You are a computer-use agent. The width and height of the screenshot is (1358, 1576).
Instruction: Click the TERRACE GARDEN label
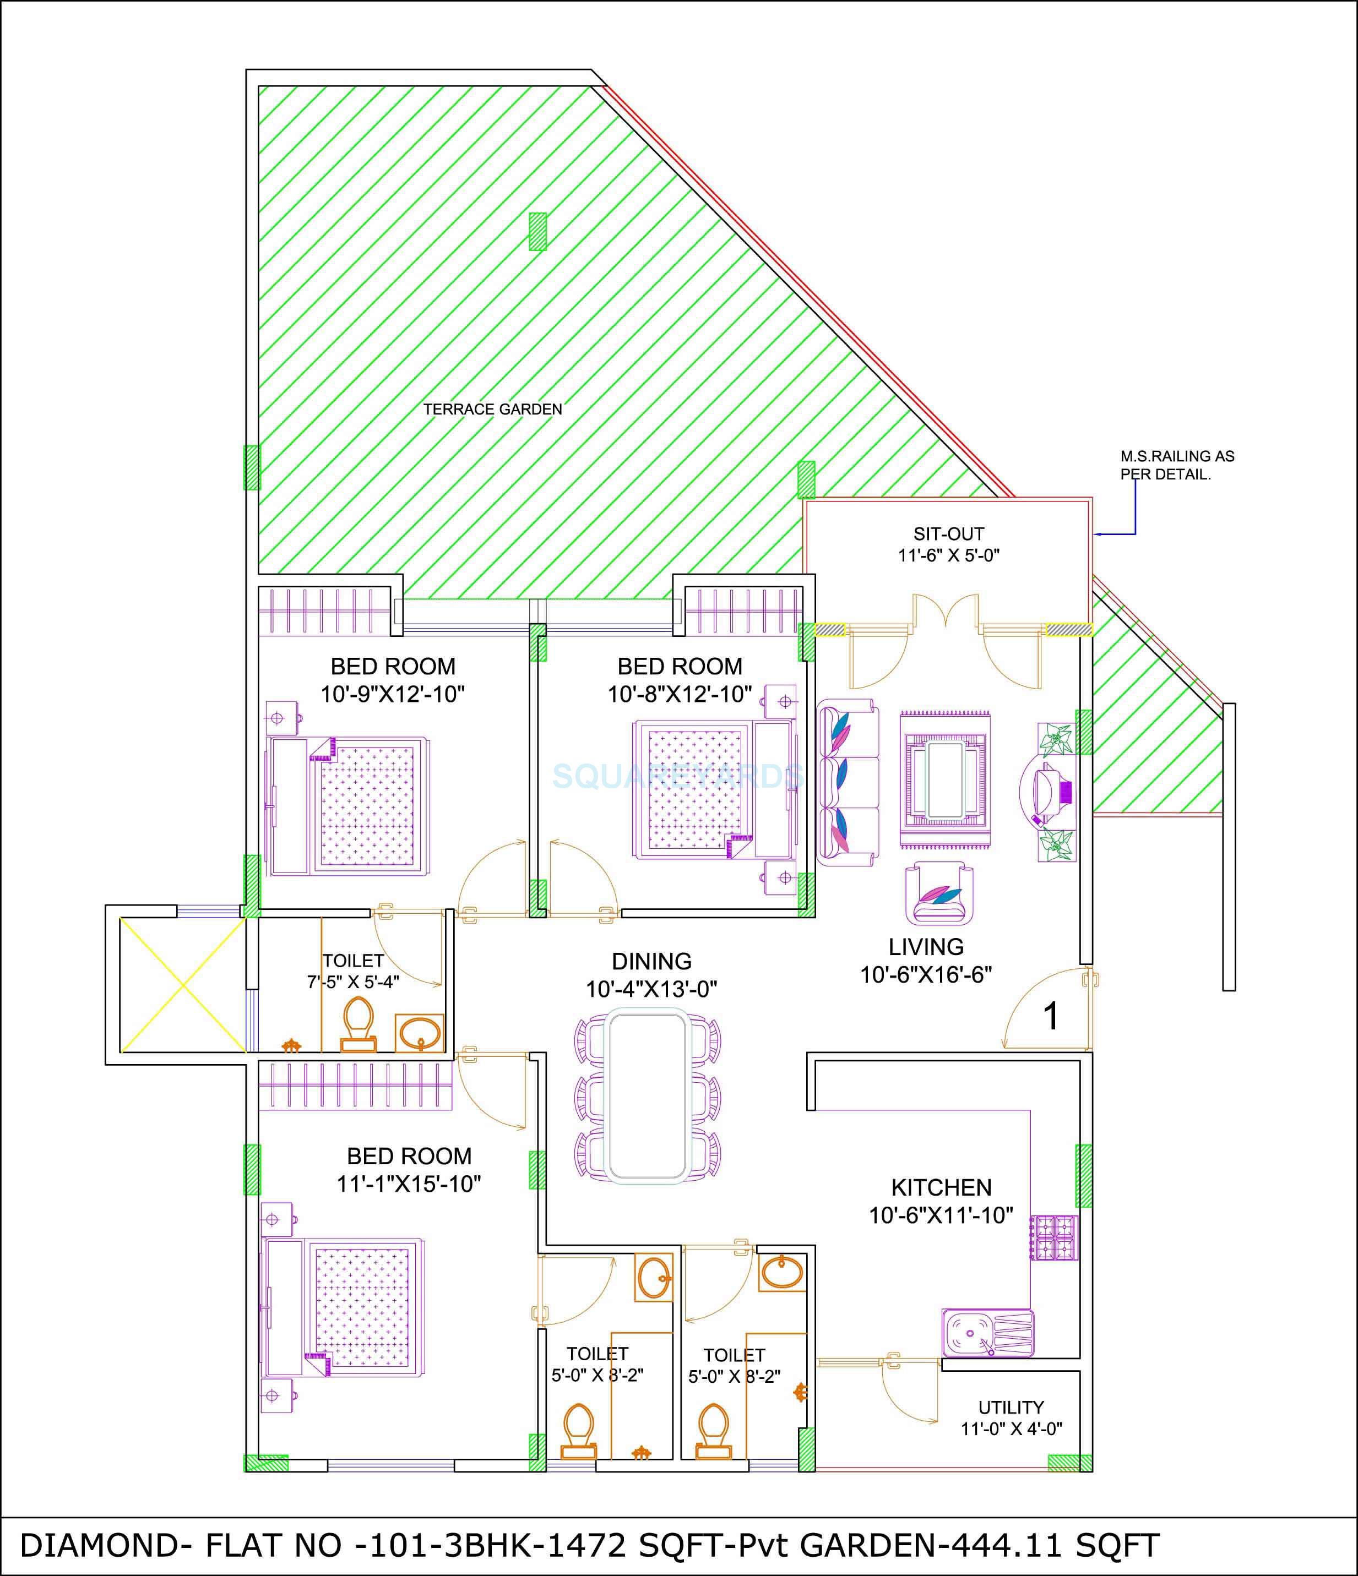tap(492, 409)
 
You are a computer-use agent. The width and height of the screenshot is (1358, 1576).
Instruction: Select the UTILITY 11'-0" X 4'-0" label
tap(1011, 1418)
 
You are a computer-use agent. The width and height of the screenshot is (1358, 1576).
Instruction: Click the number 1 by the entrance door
tap(1051, 1016)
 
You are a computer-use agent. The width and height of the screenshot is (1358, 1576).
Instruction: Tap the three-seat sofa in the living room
tap(848, 785)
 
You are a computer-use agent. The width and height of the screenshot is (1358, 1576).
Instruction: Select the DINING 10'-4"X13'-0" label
tap(651, 975)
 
